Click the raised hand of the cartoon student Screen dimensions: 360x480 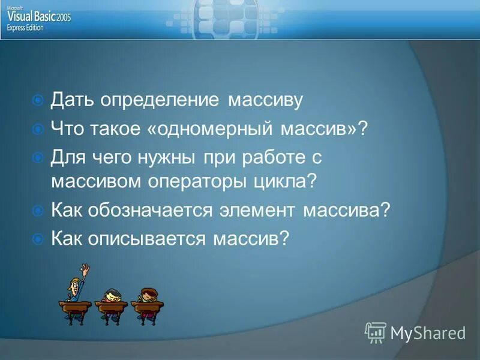point(86,269)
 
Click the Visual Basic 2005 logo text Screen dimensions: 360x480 point(39,17)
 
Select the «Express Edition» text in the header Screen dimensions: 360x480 point(25,28)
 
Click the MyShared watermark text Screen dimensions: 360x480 point(427,332)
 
